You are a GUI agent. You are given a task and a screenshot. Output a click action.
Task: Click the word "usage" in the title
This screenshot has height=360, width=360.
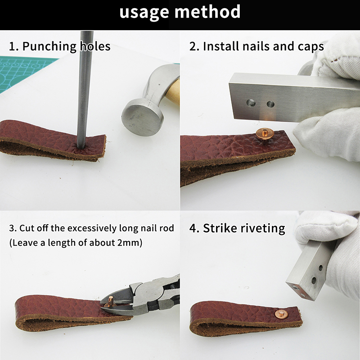[x=144, y=13]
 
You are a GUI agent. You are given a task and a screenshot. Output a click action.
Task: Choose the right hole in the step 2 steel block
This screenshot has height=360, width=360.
[x=270, y=104]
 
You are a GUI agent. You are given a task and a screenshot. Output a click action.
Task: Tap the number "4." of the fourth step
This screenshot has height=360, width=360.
[x=194, y=228]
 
